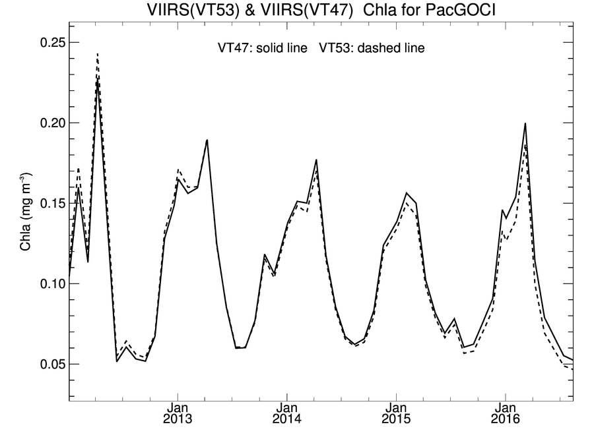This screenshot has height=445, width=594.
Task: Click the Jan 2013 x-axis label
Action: (x=178, y=411)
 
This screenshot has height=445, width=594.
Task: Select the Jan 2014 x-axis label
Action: (x=286, y=411)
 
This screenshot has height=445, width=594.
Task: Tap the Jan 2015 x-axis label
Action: (x=396, y=411)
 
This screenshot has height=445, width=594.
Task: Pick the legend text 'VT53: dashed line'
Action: (x=372, y=48)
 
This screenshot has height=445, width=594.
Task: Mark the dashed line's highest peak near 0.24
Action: (x=97, y=54)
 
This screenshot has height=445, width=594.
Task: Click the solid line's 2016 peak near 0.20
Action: (x=525, y=123)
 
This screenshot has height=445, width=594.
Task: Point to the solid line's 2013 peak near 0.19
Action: (x=207, y=140)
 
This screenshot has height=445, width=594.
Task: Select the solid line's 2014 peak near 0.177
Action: (x=317, y=160)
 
